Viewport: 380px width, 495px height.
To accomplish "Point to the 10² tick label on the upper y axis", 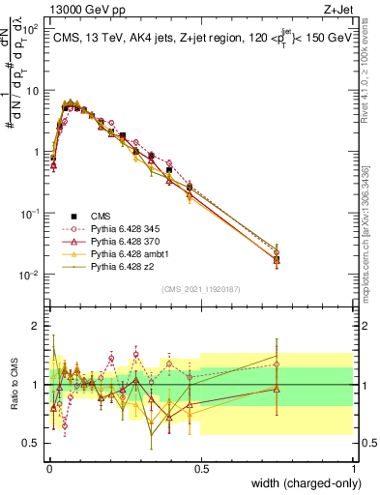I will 31,28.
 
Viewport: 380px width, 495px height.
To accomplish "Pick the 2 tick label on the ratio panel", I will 36,326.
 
